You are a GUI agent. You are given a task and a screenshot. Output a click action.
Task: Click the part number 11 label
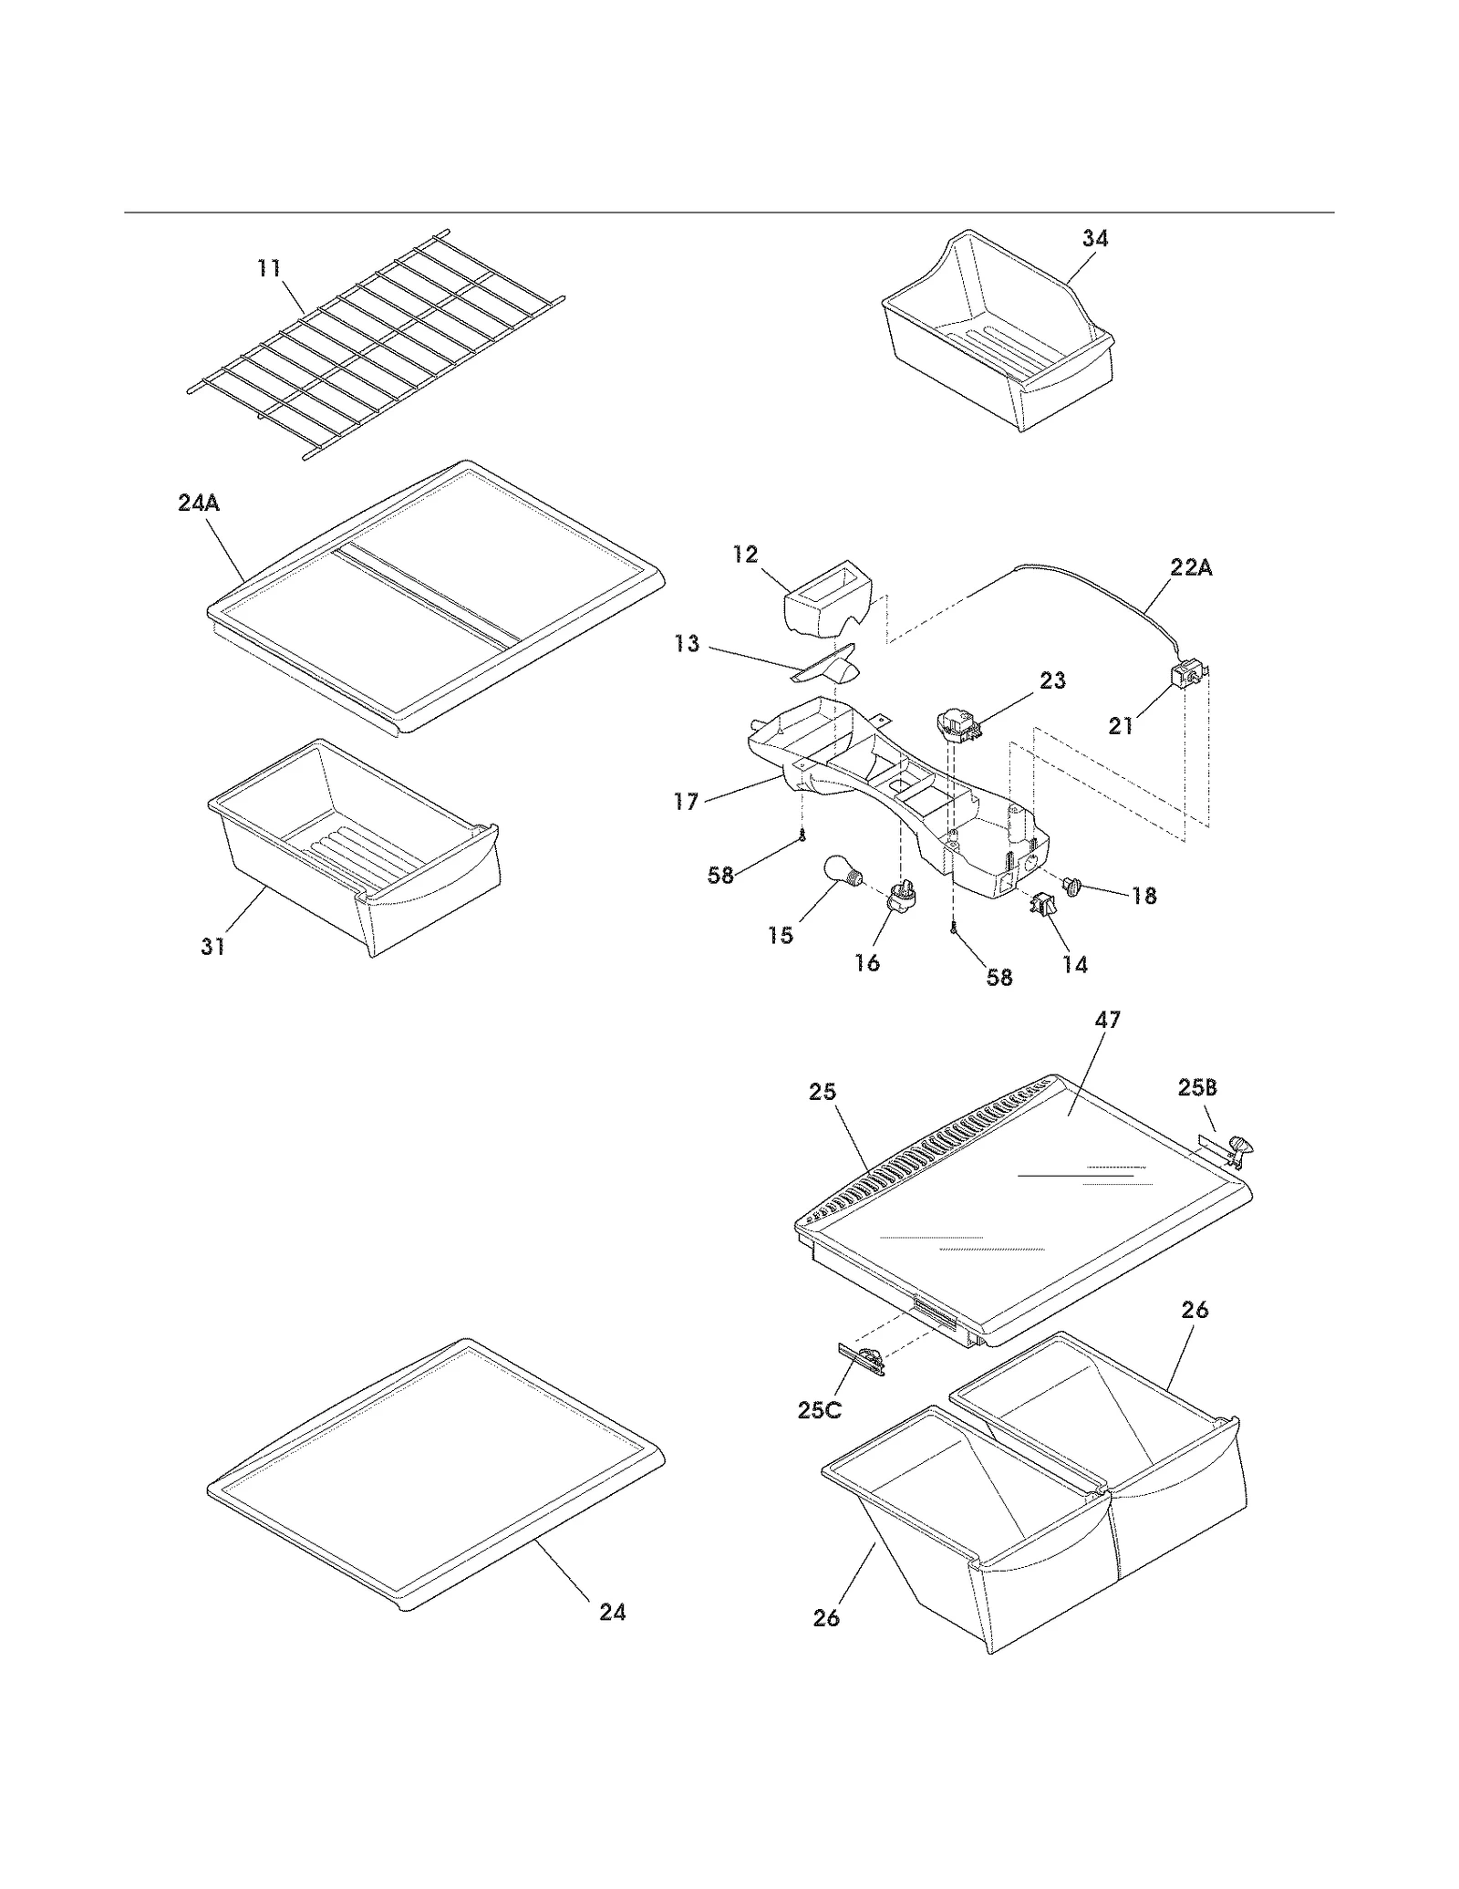[x=269, y=268]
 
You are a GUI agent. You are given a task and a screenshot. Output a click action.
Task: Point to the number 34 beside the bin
[x=1095, y=238]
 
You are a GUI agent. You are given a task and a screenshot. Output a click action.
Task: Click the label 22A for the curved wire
[x=1191, y=567]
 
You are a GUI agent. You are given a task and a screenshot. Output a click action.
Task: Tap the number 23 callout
[x=1052, y=680]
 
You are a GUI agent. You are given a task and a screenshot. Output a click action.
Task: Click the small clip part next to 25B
[x=1237, y=1148]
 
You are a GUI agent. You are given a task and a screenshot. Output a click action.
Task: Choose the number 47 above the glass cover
[x=1107, y=1019]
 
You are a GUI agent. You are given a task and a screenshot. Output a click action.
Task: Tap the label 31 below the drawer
[x=212, y=947]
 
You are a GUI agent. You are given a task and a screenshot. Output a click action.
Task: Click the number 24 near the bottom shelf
[x=613, y=1612]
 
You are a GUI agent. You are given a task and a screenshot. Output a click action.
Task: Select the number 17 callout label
[x=686, y=802]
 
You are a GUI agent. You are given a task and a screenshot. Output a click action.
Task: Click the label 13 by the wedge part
[x=687, y=644]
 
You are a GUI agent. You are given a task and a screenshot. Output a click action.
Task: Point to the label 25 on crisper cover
[x=823, y=1092]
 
